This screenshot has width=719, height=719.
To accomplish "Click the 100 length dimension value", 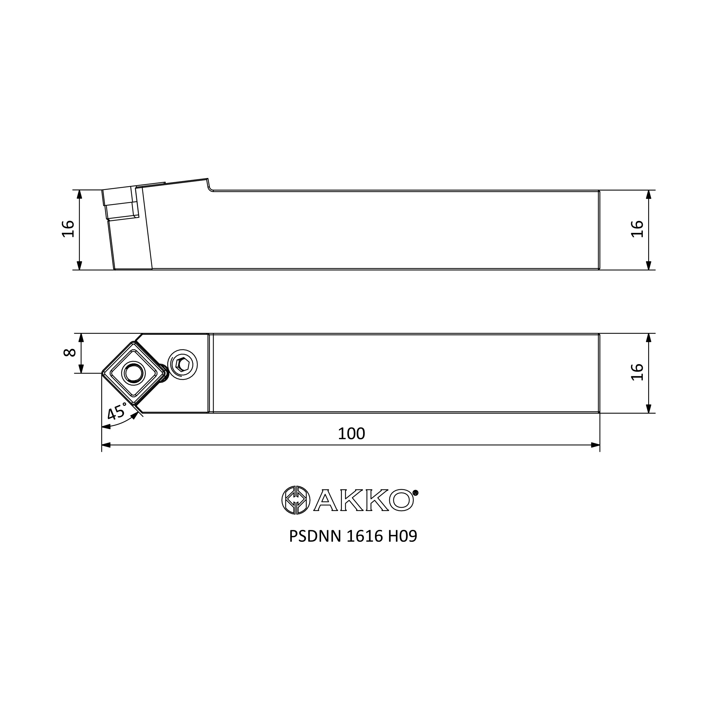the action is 351,434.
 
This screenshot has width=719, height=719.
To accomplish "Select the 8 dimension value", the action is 70,352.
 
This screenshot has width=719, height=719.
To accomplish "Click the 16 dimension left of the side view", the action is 68,229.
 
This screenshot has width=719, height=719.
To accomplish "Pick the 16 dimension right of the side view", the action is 637,229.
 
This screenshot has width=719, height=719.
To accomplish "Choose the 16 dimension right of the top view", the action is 637,372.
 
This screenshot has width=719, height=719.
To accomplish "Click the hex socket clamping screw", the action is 182,364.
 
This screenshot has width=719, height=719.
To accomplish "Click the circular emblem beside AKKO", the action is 296,500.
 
